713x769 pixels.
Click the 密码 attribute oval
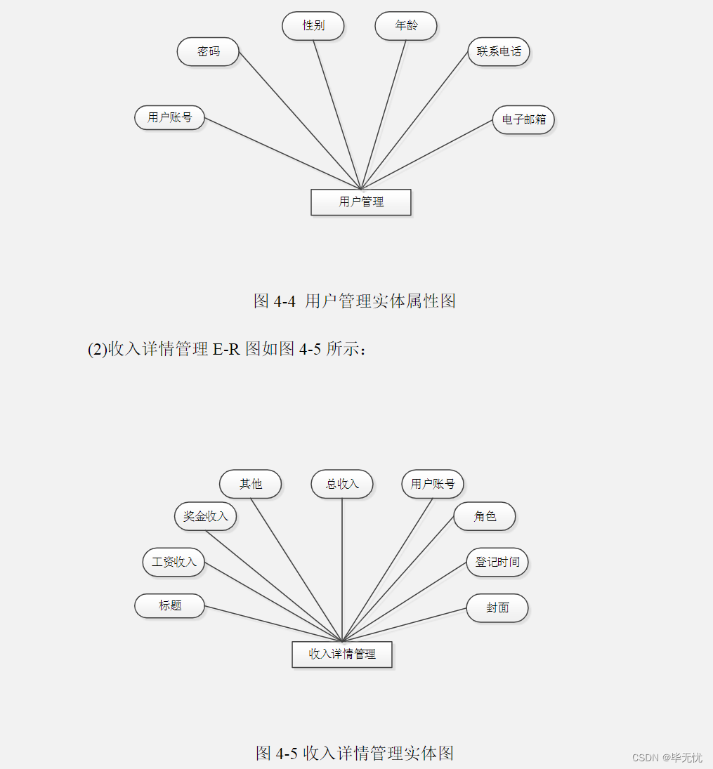coord(208,52)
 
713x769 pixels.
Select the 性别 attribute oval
coord(313,26)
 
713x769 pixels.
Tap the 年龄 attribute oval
coord(406,26)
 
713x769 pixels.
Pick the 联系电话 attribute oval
coord(499,52)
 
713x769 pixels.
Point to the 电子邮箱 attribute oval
coord(523,120)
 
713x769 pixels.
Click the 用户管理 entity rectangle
coord(361,202)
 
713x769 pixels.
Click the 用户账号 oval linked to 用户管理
coord(169,117)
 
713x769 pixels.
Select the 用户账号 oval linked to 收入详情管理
coord(433,484)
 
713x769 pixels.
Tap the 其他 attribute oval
coord(250,484)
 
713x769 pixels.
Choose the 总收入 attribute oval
coord(342,484)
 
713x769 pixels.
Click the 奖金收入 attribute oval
coord(206,516)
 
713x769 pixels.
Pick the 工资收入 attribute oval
coord(174,563)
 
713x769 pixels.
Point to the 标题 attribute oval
coord(169,605)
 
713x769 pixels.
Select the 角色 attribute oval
coord(485,516)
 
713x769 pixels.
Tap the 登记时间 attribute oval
coord(497,563)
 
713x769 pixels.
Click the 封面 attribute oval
coord(497,608)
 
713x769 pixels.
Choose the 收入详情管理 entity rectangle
coord(342,655)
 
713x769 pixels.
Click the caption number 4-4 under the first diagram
coord(284,301)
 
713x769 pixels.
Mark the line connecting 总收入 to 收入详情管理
coord(342,569)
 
